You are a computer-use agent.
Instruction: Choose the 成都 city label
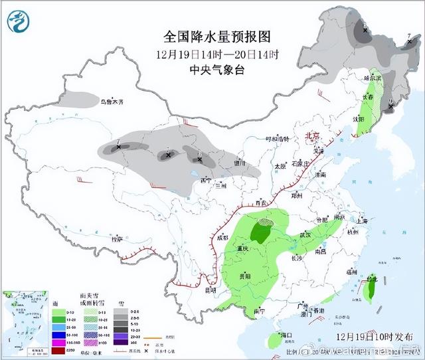tap(222, 237)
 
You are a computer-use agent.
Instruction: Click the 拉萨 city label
tap(117, 239)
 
